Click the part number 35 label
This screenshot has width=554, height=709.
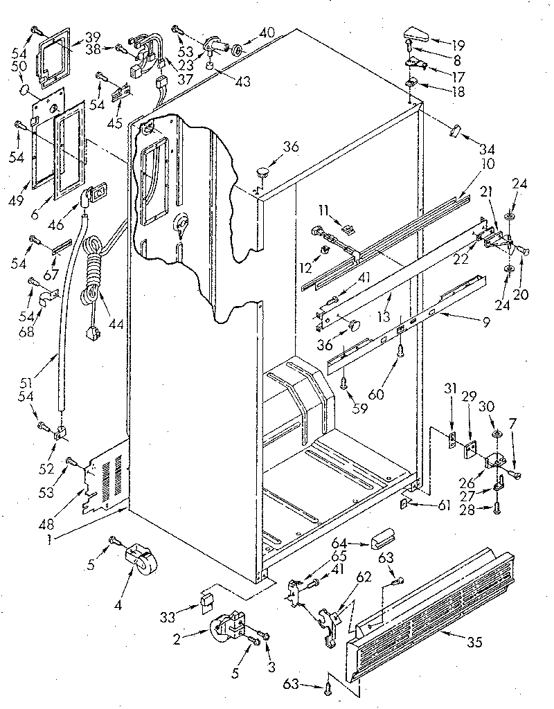pyautogui.click(x=474, y=642)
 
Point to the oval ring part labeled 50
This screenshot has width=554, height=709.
pyautogui.click(x=25, y=89)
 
